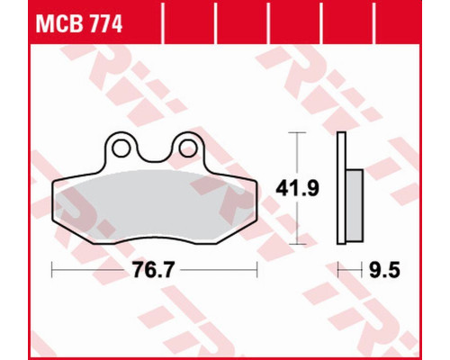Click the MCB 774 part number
[x=79, y=24]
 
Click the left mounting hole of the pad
[x=121, y=148]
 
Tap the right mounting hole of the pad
[x=188, y=148]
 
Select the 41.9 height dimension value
[x=297, y=188]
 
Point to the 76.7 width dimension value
[x=153, y=270]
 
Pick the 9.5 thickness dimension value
[x=384, y=270]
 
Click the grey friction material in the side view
[x=355, y=205]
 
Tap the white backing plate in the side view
[x=341, y=188]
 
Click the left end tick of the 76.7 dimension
[x=52, y=270]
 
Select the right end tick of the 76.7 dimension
[x=256, y=270]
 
